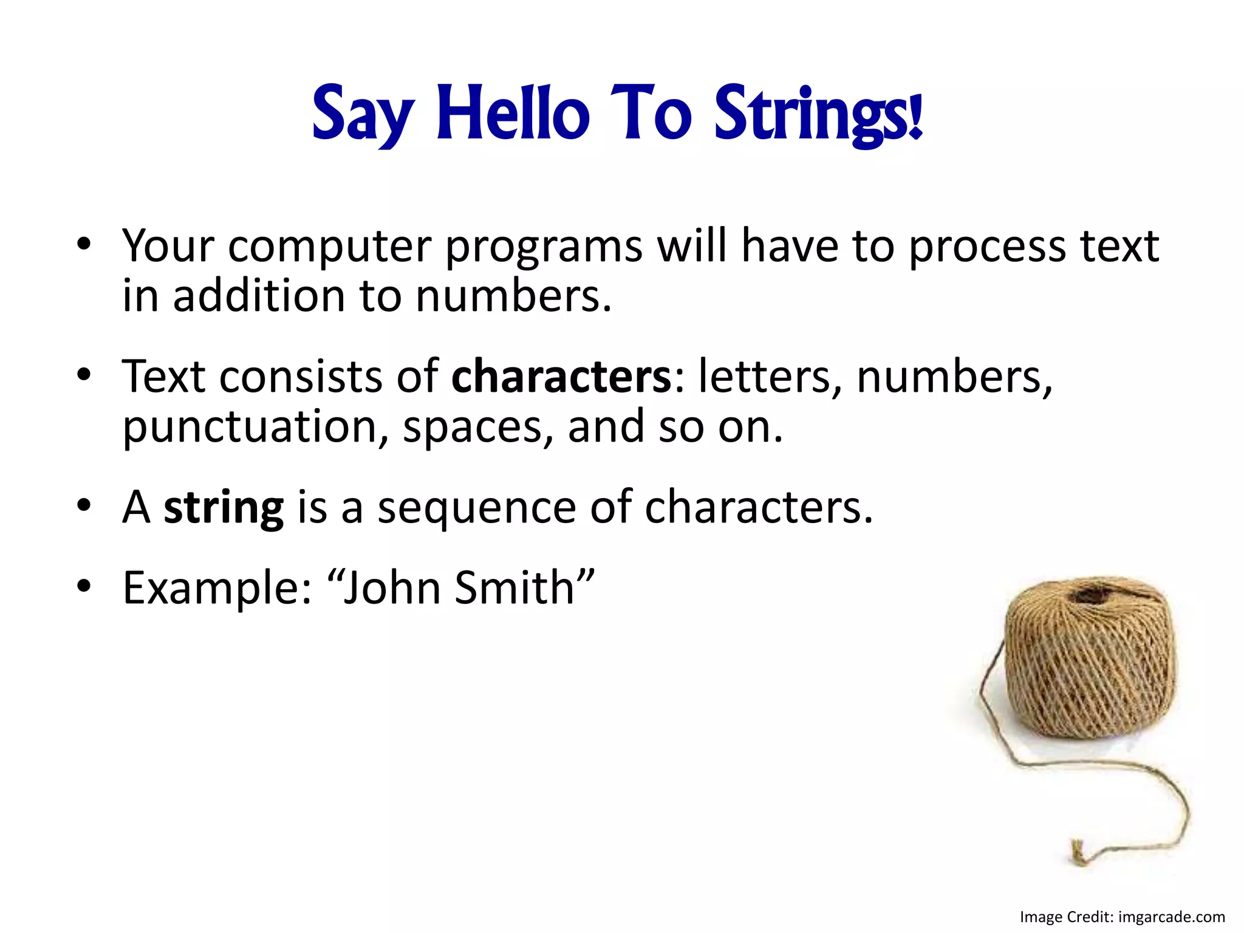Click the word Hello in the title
click(x=513, y=114)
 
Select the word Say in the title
click(x=363, y=115)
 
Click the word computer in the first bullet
click(x=330, y=247)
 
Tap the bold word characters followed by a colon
click(x=561, y=377)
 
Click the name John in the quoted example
click(x=391, y=588)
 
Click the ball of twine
click(x=1090, y=659)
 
